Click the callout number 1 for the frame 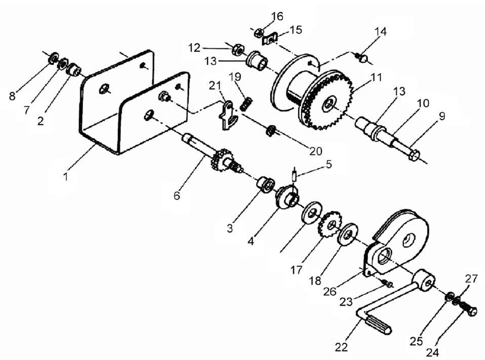[66, 177]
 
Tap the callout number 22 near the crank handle [341, 347]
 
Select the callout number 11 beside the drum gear [377, 77]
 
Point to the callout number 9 [442, 116]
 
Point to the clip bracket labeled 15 [270, 39]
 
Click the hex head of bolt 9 [414, 154]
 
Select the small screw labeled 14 [361, 58]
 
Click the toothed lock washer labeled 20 [271, 131]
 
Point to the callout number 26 [330, 291]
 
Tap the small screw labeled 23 [386, 283]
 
